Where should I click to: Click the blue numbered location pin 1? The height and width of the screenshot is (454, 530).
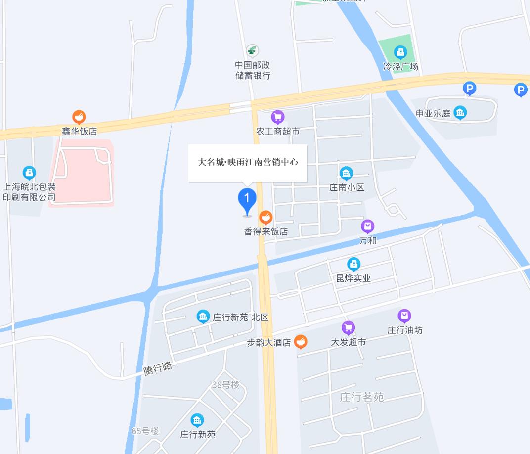(247, 200)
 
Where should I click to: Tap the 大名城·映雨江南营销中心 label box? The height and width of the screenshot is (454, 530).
(248, 162)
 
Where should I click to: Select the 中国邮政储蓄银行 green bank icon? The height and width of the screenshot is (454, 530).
(253, 50)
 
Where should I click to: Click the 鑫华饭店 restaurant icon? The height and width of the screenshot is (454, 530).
(79, 117)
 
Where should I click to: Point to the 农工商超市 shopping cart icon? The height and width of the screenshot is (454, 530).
(278, 117)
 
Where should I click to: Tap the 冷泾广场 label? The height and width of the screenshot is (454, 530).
(400, 66)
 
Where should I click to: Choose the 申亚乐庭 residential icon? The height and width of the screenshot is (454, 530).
(460, 113)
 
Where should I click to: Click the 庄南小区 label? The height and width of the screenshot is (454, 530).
(347, 187)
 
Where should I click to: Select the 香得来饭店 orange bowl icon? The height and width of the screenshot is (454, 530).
(266, 217)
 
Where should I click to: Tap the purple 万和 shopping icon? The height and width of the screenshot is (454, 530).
(367, 227)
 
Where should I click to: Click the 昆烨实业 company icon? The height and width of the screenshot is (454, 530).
(353, 264)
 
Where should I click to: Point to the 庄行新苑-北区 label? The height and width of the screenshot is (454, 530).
(241, 317)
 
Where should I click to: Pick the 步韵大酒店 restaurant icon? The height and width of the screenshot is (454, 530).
(300, 342)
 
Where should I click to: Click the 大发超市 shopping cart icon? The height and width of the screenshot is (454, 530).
(349, 327)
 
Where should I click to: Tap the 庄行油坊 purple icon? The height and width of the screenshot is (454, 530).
(404, 316)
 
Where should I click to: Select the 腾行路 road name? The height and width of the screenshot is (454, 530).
(158, 368)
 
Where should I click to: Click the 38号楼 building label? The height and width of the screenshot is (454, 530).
(225, 385)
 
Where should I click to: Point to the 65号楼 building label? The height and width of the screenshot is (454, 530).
(145, 431)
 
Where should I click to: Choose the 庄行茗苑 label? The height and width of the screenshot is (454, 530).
(362, 397)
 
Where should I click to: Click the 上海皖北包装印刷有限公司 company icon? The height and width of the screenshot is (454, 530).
(29, 173)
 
